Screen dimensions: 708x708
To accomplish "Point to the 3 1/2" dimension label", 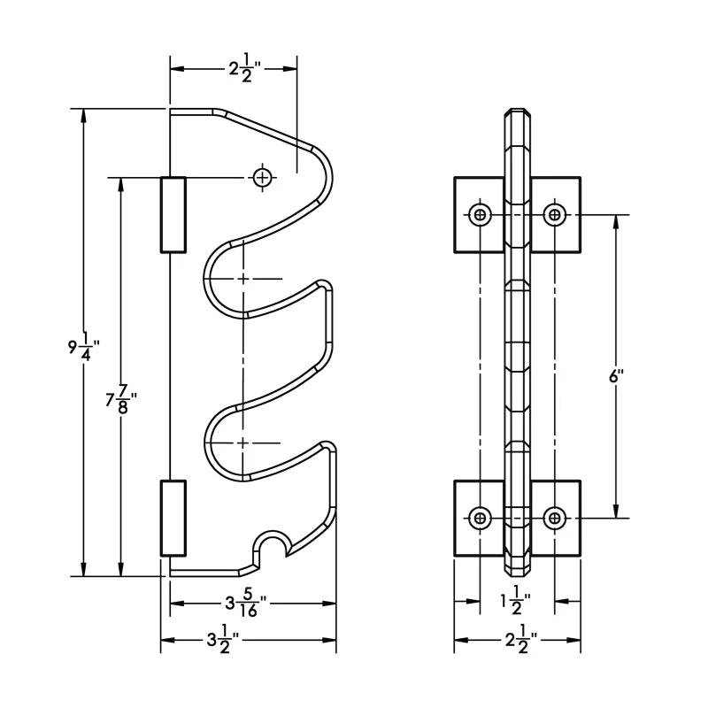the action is click(x=223, y=640).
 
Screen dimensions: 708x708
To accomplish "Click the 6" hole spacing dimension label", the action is click(x=616, y=375).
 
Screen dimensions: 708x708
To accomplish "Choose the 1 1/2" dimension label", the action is click(x=515, y=602).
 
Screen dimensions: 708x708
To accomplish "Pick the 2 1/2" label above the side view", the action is click(x=245, y=69).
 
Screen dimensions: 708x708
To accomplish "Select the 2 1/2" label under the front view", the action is click(x=521, y=640).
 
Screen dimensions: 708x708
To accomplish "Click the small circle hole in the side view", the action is click(x=262, y=178).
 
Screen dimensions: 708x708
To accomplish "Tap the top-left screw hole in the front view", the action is click(x=480, y=214).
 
